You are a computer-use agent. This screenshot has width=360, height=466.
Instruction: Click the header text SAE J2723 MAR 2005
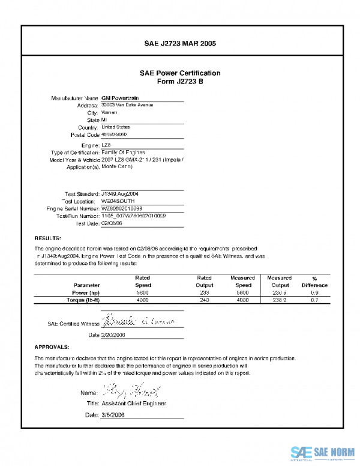pyautogui.click(x=180, y=43)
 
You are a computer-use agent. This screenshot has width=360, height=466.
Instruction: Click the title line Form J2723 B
pyautogui.click(x=180, y=82)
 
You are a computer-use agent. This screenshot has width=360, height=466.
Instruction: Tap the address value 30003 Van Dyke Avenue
pyautogui.click(x=127, y=105)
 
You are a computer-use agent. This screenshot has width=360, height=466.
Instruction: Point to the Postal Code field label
pyautogui.click(x=80, y=135)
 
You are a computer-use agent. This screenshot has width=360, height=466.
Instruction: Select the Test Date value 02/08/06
pyautogui.click(x=112, y=223)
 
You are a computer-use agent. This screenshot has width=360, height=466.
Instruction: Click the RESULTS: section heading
pyautogui.click(x=48, y=238)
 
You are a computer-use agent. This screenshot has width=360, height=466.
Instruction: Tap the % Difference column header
pyautogui.click(x=315, y=282)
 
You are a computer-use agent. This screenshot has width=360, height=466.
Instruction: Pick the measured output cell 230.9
pyautogui.click(x=279, y=292)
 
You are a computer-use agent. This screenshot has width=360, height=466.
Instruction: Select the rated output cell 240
pyautogui.click(x=204, y=299)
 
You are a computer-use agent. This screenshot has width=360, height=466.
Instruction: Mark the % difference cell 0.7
pyautogui.click(x=314, y=299)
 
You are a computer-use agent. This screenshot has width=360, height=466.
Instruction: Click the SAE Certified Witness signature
pyautogui.click(x=137, y=321)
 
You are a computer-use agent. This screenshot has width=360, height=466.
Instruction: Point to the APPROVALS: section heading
pyautogui.click(x=52, y=347)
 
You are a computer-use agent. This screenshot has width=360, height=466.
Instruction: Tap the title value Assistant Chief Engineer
pyautogui.click(x=134, y=404)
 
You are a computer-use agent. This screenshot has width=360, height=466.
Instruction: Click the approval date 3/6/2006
pyautogui.click(x=113, y=415)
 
